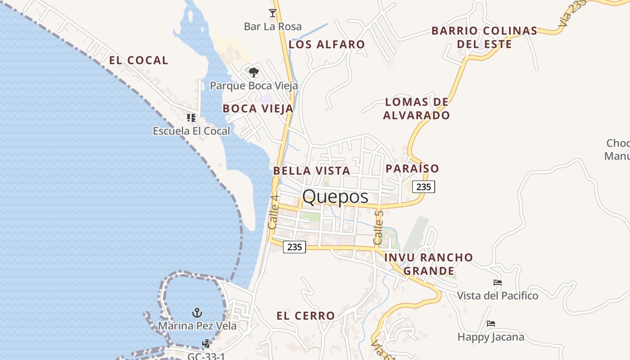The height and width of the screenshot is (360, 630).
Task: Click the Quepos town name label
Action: [x=335, y=197]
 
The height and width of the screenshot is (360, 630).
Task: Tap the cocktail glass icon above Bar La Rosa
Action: [x=272, y=13]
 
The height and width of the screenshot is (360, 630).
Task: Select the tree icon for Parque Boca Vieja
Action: [x=254, y=72]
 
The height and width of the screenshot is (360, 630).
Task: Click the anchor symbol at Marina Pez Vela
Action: [x=197, y=312]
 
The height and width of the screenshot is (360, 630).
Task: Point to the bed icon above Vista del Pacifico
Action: [x=497, y=283]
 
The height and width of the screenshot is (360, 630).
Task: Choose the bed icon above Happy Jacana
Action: [x=490, y=324]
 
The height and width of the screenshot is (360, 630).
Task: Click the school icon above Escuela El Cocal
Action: [x=191, y=118]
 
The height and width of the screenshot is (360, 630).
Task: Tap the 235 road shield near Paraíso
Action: [x=423, y=187]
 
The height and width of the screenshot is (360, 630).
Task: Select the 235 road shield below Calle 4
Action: [x=294, y=247]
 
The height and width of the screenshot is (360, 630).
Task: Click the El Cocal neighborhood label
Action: [x=139, y=60]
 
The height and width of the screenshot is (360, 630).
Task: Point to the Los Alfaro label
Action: [x=327, y=45]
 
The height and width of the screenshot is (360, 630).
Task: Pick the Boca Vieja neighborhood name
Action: [x=258, y=108]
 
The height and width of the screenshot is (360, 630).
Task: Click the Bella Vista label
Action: [x=311, y=171]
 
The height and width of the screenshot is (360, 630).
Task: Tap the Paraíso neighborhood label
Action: [x=412, y=169]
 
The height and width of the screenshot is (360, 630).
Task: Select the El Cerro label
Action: [x=306, y=316]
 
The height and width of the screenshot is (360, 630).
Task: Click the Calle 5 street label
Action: [x=378, y=228]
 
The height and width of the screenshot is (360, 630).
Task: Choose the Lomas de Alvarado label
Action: [x=416, y=108]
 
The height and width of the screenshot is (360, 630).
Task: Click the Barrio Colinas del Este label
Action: [x=484, y=37]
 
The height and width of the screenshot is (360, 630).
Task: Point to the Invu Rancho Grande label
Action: [x=428, y=264]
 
